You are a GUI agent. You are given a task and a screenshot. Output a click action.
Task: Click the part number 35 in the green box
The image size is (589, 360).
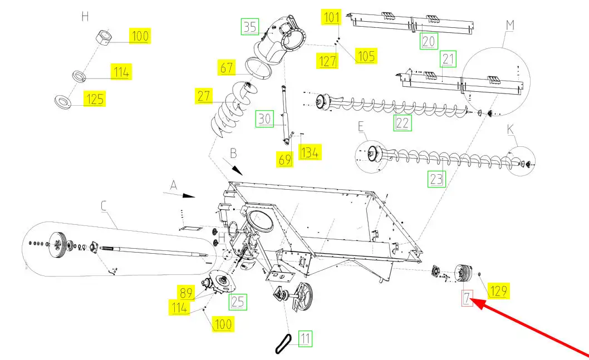[x=250, y=27]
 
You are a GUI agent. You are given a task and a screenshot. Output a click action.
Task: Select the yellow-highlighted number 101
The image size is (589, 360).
[x=331, y=17]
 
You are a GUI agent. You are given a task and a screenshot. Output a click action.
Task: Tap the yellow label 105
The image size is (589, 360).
[x=366, y=56]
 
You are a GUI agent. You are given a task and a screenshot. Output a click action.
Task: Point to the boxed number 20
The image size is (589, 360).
[x=428, y=41]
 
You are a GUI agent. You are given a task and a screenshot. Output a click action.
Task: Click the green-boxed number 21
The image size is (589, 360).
[x=448, y=59]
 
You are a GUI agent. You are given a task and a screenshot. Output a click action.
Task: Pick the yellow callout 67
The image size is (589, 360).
[x=227, y=68]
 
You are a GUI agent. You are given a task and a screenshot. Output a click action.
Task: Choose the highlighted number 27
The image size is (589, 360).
[x=204, y=96]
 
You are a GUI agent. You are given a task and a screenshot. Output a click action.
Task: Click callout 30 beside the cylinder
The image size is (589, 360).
[x=264, y=119]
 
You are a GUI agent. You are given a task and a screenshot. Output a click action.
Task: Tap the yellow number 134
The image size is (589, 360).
[x=310, y=152]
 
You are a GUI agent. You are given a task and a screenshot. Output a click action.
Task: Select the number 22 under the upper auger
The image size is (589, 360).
[x=403, y=123]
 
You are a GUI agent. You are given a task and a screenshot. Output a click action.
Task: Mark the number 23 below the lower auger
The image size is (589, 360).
[x=436, y=179]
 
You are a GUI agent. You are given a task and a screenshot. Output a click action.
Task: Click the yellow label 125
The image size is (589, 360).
[x=95, y=98]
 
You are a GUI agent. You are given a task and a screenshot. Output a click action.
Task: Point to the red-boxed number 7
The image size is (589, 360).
[x=467, y=298]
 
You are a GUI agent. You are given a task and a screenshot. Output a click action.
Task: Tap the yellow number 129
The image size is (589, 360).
[x=499, y=290]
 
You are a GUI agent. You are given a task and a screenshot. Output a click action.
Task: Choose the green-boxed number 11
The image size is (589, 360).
[x=305, y=339]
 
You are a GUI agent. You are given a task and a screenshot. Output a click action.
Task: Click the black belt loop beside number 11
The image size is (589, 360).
[x=283, y=344]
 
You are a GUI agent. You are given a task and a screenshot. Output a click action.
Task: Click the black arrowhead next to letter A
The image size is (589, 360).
[x=189, y=195]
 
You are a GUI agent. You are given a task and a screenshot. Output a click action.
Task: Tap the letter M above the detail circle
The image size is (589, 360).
[x=510, y=25]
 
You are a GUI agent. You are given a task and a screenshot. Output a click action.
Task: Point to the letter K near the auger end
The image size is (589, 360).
[x=510, y=129]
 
